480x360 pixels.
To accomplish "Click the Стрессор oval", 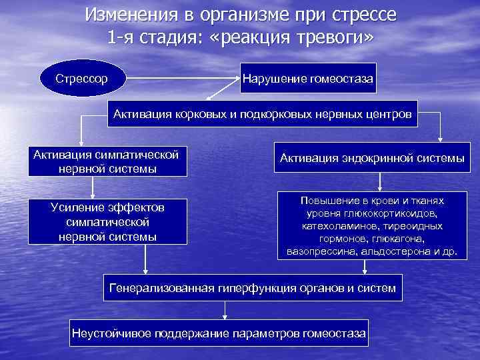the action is point(82,78).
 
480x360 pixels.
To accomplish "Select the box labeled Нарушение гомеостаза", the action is point(308,78).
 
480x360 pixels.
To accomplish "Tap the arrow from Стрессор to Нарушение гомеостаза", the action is point(183,78).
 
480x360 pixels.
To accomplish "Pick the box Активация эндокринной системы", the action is point(372,159).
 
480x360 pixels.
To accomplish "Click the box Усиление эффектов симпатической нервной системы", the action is point(107,221).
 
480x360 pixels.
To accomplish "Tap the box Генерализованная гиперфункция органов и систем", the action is point(252,288).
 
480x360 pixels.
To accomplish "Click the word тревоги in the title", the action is point(329,37).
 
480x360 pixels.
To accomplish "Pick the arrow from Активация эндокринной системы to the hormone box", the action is point(379,182).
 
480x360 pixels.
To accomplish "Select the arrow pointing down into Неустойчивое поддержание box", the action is point(225,309).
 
